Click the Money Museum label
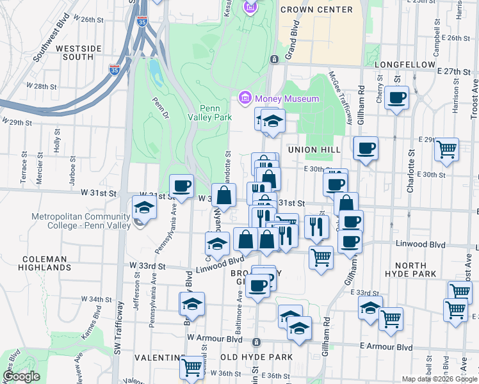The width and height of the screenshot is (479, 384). [x=286, y=99]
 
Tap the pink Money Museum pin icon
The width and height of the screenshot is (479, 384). [x=244, y=99]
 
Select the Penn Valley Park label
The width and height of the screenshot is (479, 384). [x=215, y=113]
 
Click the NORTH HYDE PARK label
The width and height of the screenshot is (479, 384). [x=415, y=269]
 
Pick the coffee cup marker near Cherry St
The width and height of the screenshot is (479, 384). [x=397, y=98]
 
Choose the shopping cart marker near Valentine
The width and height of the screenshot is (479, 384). [x=191, y=367]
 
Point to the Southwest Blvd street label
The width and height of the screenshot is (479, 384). [x=53, y=43]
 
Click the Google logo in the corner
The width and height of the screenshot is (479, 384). [x=21, y=376]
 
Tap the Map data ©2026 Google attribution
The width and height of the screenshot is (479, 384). [x=439, y=379]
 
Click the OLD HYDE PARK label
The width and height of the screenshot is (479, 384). [x=256, y=356]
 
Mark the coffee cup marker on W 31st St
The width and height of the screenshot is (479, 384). [x=182, y=186]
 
